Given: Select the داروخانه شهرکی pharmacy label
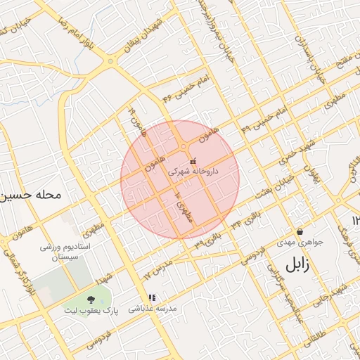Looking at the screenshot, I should point(194,171).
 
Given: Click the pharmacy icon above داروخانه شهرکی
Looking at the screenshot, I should point(193,160).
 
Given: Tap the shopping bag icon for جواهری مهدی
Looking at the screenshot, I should point(300,231).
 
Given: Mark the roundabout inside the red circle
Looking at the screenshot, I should point(184,146).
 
